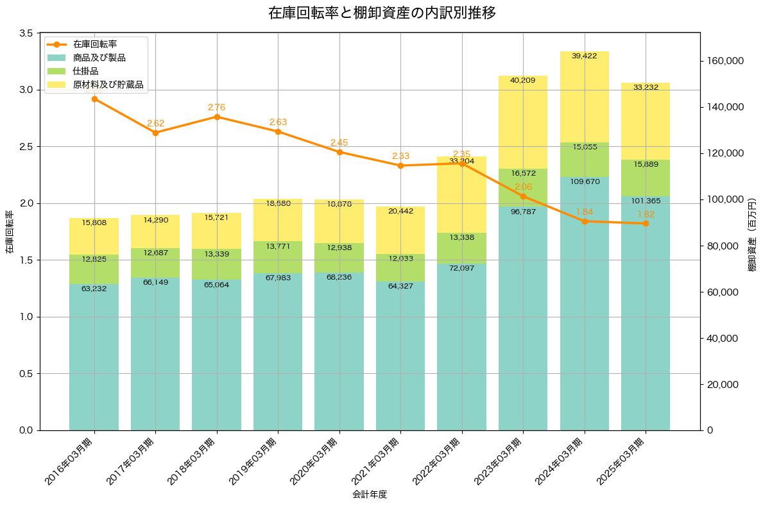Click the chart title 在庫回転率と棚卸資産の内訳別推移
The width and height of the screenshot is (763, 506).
click(x=381, y=13)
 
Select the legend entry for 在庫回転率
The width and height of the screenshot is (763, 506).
click(x=94, y=44)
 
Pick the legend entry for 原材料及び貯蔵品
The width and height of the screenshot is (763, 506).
click(x=107, y=84)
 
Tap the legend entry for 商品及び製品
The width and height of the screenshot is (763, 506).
click(x=99, y=58)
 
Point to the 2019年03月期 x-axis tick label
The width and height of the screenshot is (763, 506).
click(x=255, y=460)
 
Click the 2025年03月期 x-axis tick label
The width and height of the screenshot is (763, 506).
click(x=623, y=460)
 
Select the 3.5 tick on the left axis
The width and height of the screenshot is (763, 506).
click(x=26, y=33)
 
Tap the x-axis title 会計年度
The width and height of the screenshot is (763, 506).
click(x=370, y=494)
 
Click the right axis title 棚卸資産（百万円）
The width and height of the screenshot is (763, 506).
click(x=751, y=235)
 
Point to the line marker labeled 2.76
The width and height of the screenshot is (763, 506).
click(x=217, y=117)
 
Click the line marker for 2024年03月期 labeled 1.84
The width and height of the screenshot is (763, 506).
click(x=585, y=221)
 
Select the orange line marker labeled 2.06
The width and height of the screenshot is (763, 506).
click(x=523, y=196)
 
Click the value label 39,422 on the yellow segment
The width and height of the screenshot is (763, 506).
click(x=584, y=56)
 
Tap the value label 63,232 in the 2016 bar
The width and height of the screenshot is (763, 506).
click(x=94, y=289)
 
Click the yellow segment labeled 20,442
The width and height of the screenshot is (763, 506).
click(x=400, y=230)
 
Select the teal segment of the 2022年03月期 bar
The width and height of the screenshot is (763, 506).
click(x=461, y=346)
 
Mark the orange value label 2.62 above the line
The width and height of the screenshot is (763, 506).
click(x=155, y=123)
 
